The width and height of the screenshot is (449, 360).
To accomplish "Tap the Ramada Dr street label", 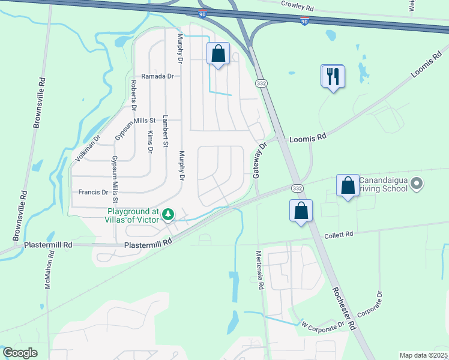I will click(x=157, y=76).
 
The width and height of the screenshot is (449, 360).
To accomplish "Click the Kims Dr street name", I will click(x=150, y=142).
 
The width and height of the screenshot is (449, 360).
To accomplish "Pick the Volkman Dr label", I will click(x=87, y=148).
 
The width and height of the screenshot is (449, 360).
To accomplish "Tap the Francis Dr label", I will click(x=93, y=193).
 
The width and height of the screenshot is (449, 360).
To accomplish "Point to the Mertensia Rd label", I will click(x=261, y=271).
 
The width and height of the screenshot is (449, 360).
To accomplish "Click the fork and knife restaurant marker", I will click(x=333, y=76).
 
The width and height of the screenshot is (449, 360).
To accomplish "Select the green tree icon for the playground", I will click(x=169, y=215).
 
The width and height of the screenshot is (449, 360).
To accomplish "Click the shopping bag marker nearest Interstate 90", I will click(x=218, y=54).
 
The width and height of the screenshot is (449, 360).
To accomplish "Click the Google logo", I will click(x=20, y=353).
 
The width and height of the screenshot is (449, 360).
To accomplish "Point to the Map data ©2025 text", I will click(x=423, y=355).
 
